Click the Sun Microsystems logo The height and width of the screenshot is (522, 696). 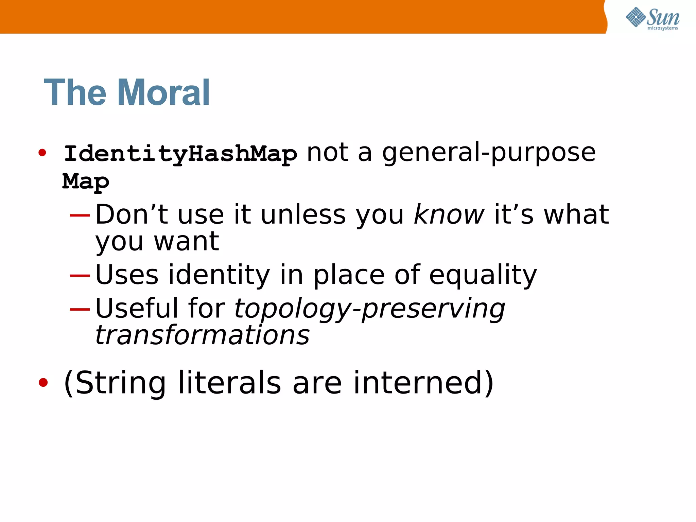click(x=652, y=18)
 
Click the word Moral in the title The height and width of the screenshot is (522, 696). click(x=163, y=92)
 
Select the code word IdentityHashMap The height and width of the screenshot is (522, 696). click(x=180, y=154)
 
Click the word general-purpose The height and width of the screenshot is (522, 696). click(x=489, y=153)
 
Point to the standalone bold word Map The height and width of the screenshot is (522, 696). click(x=86, y=181)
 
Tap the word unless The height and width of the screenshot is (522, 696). click(x=303, y=215)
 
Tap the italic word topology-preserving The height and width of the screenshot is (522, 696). click(x=369, y=309)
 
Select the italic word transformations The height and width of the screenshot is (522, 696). click(x=203, y=335)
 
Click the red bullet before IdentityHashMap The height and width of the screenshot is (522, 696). click(x=42, y=153)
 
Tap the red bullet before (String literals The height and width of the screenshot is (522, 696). click(x=43, y=383)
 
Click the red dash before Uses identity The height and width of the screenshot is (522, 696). click(x=80, y=275)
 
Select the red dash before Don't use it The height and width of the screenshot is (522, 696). click(x=80, y=215)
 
